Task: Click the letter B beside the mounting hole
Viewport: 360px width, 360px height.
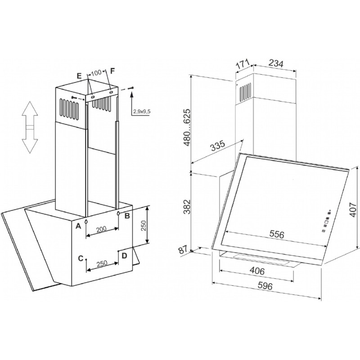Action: click(127, 216)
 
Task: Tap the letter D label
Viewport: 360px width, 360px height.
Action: click(124, 256)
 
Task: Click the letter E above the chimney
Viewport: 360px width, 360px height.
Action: click(79, 76)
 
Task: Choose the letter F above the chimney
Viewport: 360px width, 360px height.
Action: click(112, 72)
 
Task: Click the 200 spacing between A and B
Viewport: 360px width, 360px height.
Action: click(101, 229)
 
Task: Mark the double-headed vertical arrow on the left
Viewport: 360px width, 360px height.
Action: click(29, 128)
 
